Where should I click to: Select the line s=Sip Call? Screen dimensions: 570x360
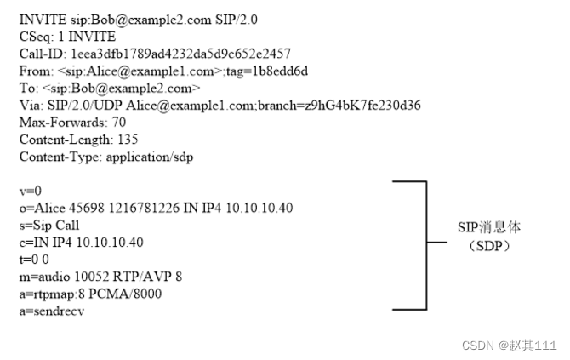coord(49,226)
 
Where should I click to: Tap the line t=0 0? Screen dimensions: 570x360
coord(34,259)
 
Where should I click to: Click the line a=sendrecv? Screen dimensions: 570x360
coord(51,310)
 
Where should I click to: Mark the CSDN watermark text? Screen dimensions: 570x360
coord(509,345)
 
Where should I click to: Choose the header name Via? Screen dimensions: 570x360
coord(31,105)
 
